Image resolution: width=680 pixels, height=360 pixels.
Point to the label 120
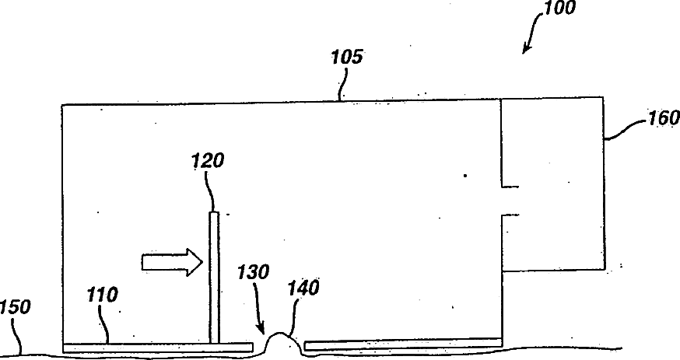pos(208,161)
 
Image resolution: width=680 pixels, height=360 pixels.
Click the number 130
pos(254,272)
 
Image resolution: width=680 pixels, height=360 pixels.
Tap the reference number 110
pos(103,295)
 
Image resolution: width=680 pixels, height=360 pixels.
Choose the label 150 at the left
pos(15,307)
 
